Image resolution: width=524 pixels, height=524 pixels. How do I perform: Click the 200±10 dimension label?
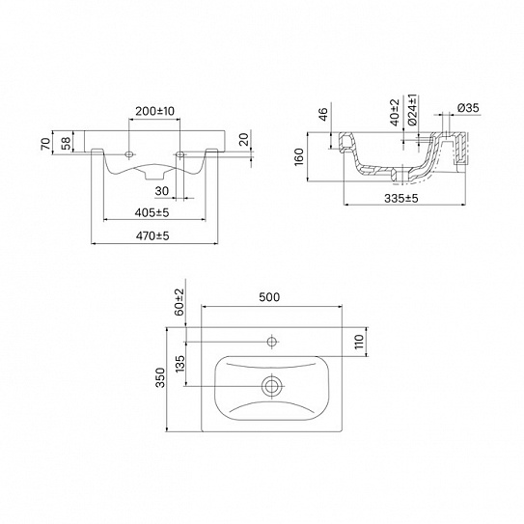point(154,111)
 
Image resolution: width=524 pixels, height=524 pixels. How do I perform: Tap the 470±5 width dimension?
point(152,235)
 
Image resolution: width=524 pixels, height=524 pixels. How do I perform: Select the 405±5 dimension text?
point(152,212)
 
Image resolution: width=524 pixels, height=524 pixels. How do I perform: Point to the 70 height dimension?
point(45,143)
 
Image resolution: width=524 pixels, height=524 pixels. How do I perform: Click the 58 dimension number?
point(67,143)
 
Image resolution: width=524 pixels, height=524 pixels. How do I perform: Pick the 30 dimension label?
point(162,191)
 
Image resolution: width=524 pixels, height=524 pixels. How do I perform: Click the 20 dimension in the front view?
point(244,139)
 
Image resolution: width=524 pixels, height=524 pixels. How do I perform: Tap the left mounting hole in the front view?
point(129,154)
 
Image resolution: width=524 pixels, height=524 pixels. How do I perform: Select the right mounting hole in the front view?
point(180,154)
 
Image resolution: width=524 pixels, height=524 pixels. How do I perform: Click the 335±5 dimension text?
point(401,198)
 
